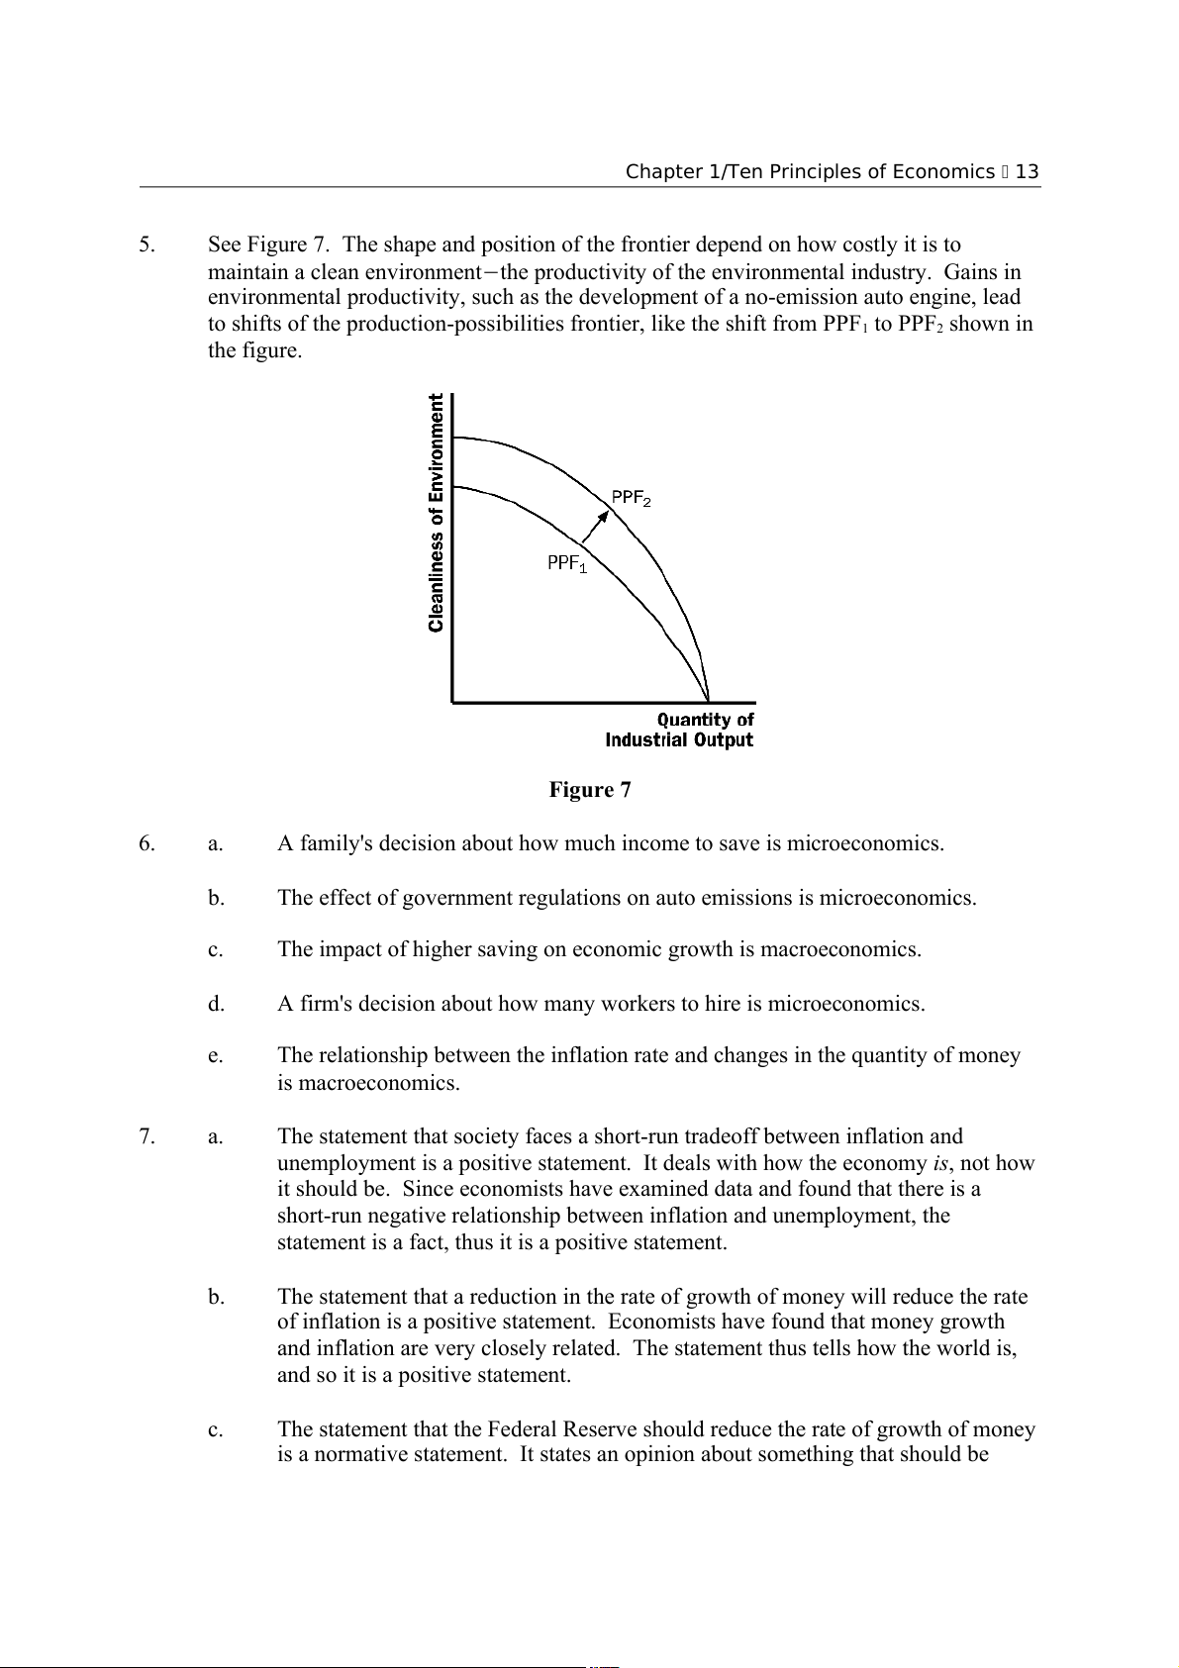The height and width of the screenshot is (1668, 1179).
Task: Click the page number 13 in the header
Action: pos(1027,172)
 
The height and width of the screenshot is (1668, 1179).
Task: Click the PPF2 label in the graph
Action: pos(631,498)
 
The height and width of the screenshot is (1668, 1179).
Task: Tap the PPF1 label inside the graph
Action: pos(567,563)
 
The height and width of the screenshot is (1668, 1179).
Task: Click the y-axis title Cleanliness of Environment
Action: pos(437,513)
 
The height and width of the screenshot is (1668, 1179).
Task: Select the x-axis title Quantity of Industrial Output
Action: pos(680,731)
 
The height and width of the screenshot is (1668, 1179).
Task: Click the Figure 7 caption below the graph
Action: pos(590,790)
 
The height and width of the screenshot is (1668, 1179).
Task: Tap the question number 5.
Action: pos(147,245)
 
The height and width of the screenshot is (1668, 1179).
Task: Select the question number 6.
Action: pos(147,843)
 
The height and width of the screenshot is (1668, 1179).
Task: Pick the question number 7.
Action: pos(147,1136)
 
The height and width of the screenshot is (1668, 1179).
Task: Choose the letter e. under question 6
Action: pos(215,1056)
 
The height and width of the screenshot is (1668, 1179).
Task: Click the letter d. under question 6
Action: pos(216,1004)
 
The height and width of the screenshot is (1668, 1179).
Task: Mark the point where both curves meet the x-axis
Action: pos(708,701)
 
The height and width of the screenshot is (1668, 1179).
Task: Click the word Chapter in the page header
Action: pos(660,172)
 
